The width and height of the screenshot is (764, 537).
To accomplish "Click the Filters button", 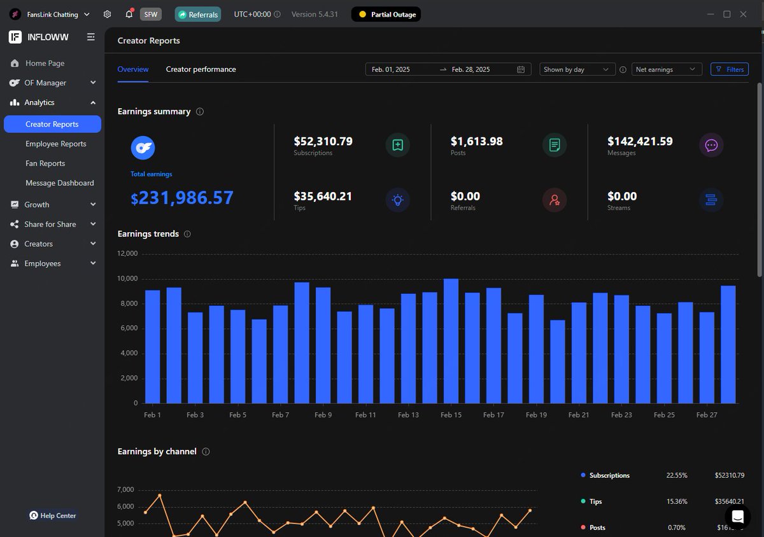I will [730, 69].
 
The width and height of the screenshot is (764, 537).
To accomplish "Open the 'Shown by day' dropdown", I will [577, 69].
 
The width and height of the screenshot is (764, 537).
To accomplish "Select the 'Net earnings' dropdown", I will [667, 69].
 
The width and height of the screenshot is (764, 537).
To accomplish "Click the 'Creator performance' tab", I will [201, 69].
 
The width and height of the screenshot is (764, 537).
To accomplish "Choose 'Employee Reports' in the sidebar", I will [55, 144].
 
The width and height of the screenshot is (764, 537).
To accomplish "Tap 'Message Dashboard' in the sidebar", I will [59, 183].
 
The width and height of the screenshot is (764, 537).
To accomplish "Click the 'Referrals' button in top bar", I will [198, 14].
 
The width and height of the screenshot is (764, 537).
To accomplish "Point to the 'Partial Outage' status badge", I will [386, 14].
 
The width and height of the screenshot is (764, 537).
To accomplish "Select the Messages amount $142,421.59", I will [640, 141].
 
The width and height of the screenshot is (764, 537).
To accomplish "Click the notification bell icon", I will [129, 14].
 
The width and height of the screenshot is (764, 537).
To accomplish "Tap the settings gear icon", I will [108, 14].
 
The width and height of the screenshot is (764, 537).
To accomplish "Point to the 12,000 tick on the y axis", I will [127, 254].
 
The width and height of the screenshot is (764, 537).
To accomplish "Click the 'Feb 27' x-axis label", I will [707, 415].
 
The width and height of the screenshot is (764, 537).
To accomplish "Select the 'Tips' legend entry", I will [595, 501].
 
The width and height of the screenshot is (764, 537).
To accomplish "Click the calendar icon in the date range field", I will [521, 69].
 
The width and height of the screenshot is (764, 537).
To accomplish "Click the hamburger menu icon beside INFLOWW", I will [91, 38].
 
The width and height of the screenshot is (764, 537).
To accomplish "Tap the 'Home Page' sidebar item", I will [45, 63].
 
